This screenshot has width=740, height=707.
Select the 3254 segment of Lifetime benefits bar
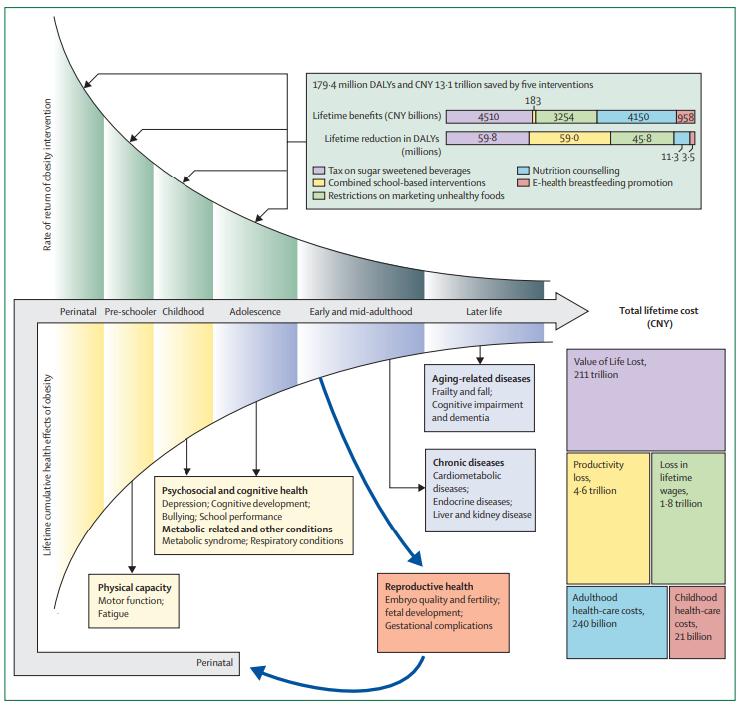click(566, 117)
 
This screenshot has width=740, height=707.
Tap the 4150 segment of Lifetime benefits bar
click(636, 117)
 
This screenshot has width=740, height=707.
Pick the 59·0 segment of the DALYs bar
click(567, 139)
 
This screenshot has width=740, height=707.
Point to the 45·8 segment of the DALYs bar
click(640, 139)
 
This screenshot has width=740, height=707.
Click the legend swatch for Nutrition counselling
click(524, 171)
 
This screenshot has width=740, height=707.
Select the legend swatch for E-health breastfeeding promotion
click(524, 183)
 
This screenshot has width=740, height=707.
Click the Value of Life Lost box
click(645, 399)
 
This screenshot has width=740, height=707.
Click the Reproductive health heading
click(430, 587)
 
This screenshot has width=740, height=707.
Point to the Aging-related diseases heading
click(481, 379)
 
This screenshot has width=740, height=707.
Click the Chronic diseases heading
click(468, 463)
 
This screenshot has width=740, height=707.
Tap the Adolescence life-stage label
click(254, 311)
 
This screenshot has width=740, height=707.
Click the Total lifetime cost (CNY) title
click(659, 317)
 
